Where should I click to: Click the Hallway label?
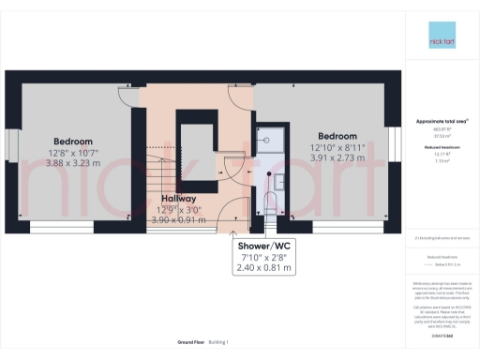(x=178, y=199)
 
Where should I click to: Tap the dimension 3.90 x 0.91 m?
(x=178, y=221)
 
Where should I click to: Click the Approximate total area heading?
(x=441, y=122)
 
